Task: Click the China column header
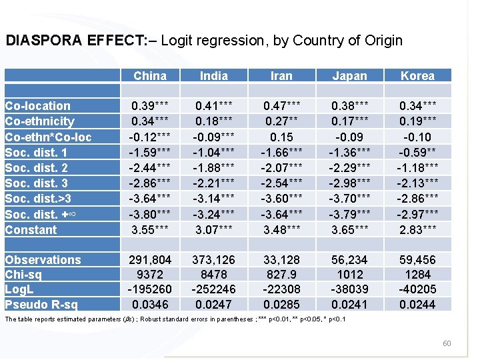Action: [x=150, y=75]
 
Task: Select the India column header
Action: [x=214, y=75]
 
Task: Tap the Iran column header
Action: [x=281, y=75]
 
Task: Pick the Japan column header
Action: [x=350, y=75]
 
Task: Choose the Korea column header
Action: [x=417, y=75]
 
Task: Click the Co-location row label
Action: [x=37, y=105]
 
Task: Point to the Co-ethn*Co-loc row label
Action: [x=48, y=137]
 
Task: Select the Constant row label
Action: [x=31, y=230]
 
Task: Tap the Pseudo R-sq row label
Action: [x=41, y=305]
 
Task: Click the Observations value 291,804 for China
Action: [x=150, y=260]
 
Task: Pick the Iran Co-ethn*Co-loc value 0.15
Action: [x=281, y=137]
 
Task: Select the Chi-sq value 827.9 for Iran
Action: [x=281, y=275]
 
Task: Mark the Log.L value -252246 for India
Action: [x=214, y=289]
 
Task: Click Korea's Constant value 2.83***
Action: [x=417, y=230]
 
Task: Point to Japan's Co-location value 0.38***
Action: [x=350, y=105]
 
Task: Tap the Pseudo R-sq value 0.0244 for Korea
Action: [x=417, y=305]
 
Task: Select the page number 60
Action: [x=447, y=343]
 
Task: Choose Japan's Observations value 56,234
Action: [x=350, y=260]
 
